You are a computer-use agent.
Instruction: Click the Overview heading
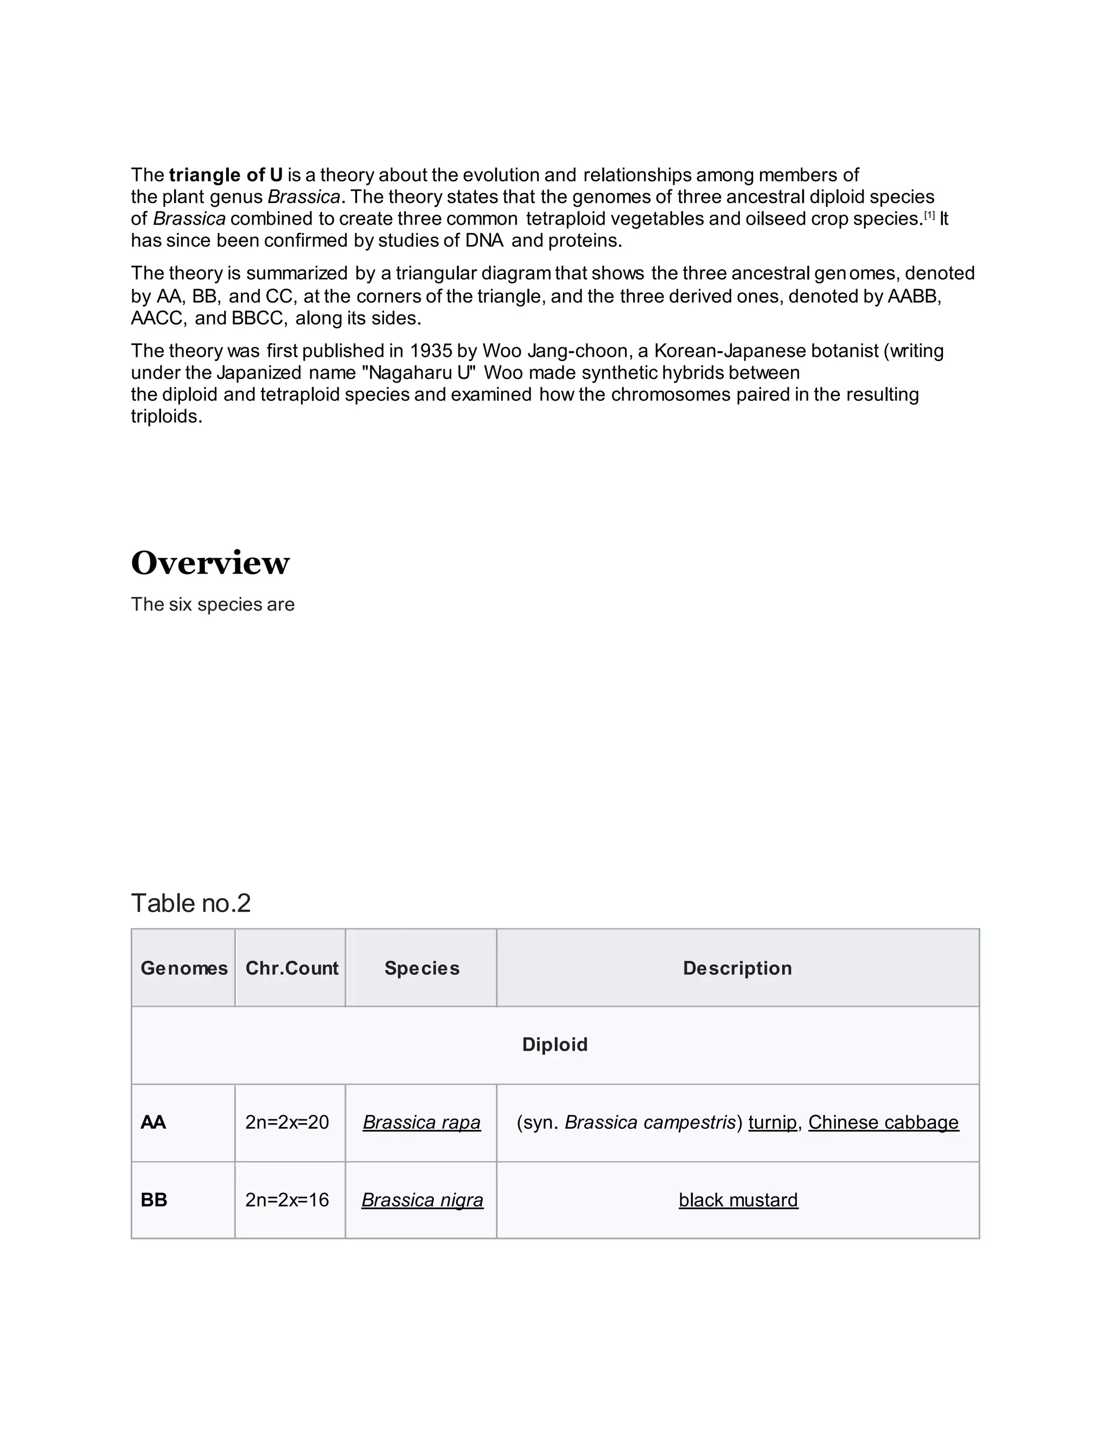coord(210,563)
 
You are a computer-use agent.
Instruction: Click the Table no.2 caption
coord(191,903)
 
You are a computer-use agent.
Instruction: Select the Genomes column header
coord(184,968)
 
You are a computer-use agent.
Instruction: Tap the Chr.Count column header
coord(291,968)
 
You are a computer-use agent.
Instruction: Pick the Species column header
coord(422,968)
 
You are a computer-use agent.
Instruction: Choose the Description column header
coord(737,968)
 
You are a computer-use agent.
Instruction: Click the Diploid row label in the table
coord(555,1044)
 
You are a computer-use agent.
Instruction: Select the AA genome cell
coord(154,1122)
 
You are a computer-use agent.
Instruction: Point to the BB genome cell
coord(154,1200)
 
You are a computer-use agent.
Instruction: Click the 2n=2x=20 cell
coord(287,1122)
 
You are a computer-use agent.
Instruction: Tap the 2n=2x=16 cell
coord(287,1200)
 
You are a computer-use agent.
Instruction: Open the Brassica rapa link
coord(422,1122)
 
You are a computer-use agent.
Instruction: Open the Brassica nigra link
coord(422,1200)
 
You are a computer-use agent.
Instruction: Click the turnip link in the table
coord(772,1122)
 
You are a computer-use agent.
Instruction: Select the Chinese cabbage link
coord(883,1122)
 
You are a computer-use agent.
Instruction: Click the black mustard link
coord(738,1200)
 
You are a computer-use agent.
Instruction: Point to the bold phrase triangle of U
coord(226,175)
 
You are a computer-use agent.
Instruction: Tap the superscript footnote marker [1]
coord(929,215)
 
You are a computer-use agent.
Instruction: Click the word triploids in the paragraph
coord(166,416)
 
